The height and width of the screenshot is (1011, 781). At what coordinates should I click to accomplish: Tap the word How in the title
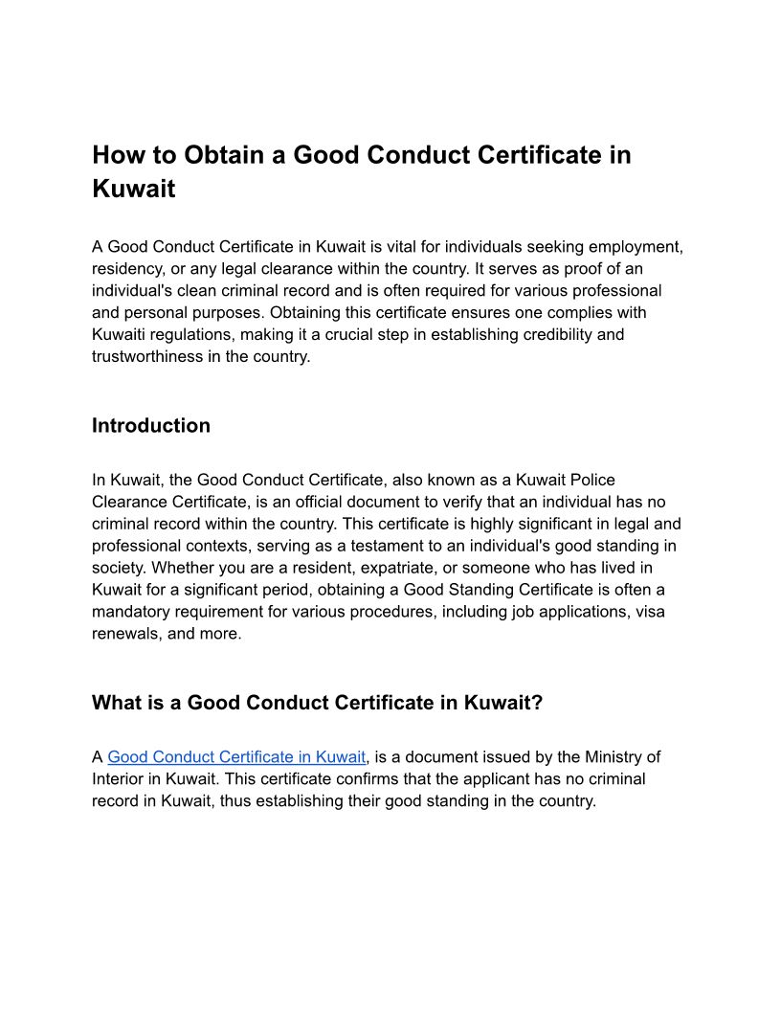coord(117,155)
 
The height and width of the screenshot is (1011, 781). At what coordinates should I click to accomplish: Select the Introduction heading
coord(151,426)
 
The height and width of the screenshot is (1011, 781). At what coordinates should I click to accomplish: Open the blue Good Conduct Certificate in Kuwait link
coord(236,757)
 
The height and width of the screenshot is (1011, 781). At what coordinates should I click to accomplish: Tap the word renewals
coord(125,634)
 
